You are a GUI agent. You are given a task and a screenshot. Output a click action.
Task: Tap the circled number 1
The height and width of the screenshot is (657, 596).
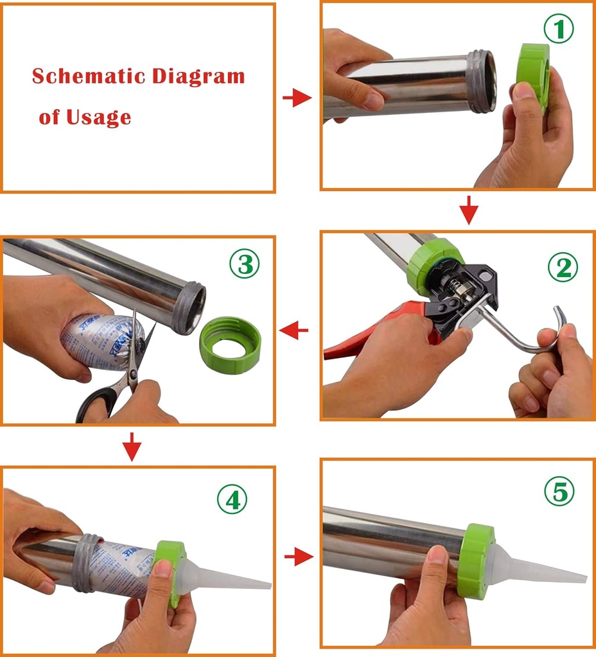558,30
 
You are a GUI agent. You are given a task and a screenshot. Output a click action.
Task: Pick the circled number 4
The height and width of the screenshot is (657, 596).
232,499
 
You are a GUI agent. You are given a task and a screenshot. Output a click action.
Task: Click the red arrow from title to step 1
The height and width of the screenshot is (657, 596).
297,98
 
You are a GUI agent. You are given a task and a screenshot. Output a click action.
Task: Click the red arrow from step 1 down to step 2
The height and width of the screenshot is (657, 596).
470,210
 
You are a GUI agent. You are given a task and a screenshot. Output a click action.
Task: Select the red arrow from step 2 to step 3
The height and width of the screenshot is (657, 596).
294,331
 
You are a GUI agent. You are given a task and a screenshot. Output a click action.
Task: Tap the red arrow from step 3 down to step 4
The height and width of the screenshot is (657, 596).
132,447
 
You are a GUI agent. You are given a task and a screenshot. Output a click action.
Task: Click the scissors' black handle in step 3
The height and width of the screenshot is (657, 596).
96,401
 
